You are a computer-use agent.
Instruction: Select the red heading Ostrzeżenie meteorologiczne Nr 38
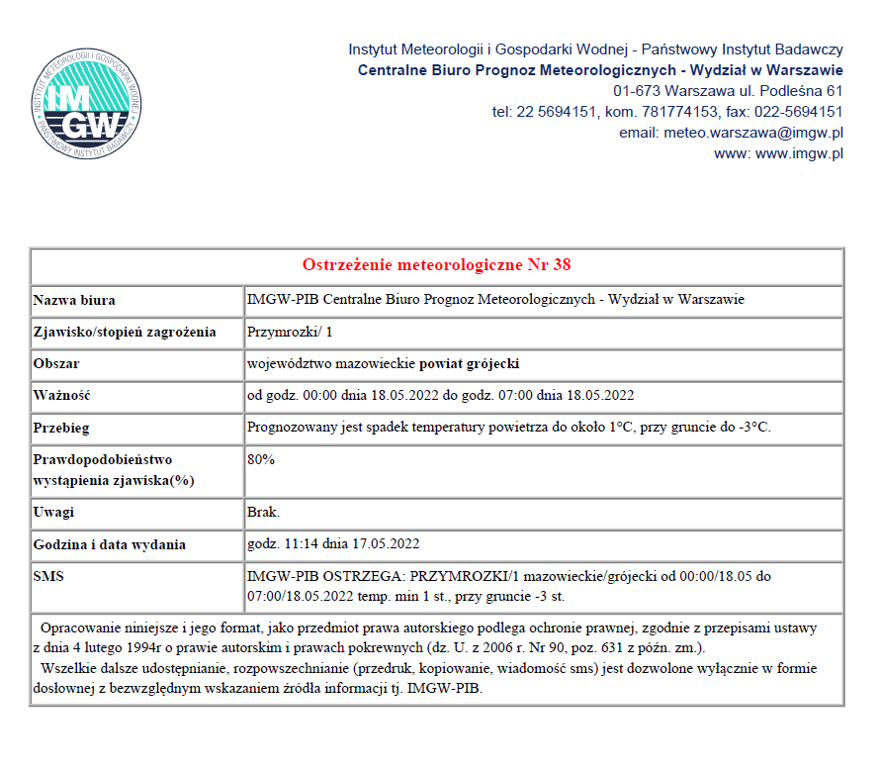(436, 265)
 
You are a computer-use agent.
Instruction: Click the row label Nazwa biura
(81, 300)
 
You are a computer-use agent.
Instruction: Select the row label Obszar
(56, 363)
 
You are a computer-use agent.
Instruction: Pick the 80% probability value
(261, 459)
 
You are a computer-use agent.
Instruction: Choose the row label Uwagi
(54, 512)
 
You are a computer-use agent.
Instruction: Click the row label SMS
(48, 576)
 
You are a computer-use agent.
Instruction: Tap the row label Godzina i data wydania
(110, 544)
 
